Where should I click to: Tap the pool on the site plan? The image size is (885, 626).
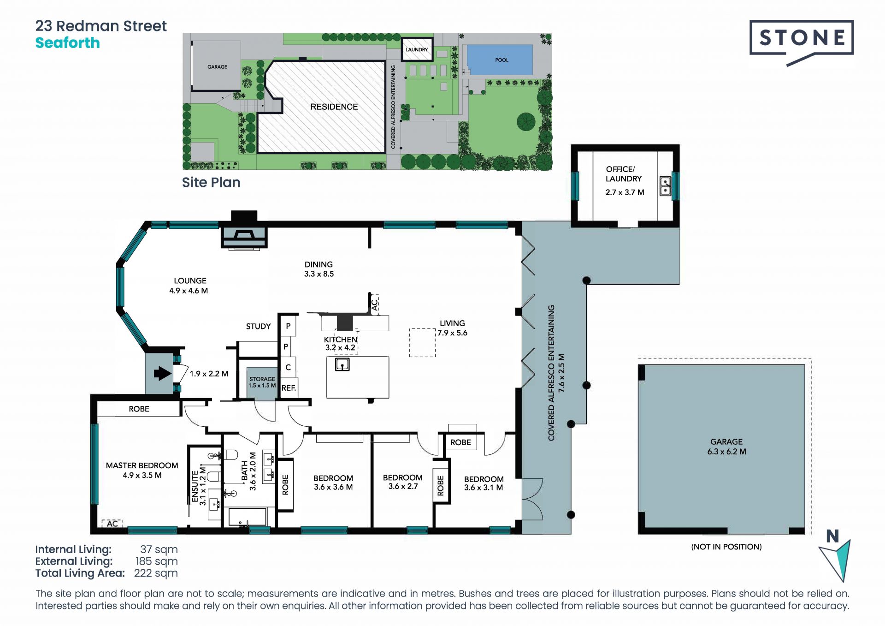(x=500, y=60)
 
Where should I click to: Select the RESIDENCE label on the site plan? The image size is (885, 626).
(x=334, y=107)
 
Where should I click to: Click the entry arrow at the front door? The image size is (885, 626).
(x=162, y=373)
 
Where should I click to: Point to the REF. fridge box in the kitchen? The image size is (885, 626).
(x=289, y=388)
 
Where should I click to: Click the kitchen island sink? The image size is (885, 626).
(x=342, y=365)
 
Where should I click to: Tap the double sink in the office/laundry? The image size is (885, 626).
(x=665, y=185)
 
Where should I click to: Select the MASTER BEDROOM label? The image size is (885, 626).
(x=142, y=465)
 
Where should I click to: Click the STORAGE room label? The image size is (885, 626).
(x=262, y=379)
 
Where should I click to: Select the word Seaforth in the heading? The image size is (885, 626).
(x=68, y=43)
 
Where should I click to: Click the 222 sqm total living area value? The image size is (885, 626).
(x=156, y=573)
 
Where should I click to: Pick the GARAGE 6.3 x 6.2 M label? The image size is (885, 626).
(x=726, y=447)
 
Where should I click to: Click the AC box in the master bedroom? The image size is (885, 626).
(x=112, y=524)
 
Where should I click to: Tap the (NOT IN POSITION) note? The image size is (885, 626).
(x=726, y=547)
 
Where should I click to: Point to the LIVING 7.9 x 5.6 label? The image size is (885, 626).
(x=452, y=328)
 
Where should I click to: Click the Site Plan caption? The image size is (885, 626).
(x=211, y=183)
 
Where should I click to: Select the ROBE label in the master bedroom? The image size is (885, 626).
(x=139, y=409)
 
